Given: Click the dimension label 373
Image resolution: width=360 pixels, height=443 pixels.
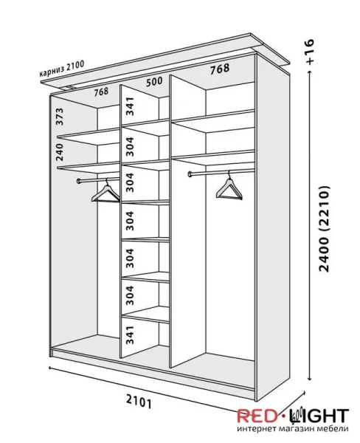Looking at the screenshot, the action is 60,117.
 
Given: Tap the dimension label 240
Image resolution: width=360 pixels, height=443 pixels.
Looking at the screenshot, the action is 60,152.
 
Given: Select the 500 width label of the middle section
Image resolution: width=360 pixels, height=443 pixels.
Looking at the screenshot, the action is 154,82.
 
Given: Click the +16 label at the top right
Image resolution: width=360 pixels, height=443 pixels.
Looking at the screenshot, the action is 310,52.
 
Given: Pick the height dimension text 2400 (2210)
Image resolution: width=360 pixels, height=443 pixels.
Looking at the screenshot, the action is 324,229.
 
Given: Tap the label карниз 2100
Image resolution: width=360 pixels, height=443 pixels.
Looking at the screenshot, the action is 61,69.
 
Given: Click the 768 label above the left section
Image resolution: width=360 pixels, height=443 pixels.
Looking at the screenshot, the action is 101,92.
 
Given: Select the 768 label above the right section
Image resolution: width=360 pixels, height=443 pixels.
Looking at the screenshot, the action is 220,69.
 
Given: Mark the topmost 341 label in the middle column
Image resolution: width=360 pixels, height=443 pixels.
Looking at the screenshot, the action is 129,106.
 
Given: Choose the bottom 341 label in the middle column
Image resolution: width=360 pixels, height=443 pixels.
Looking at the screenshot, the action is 129,335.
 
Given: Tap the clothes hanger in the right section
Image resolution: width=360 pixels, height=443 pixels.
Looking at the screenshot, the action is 229,187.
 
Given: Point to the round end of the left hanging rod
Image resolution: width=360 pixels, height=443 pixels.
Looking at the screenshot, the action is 79,181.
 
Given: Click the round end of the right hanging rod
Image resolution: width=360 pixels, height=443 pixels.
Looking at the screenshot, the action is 190,174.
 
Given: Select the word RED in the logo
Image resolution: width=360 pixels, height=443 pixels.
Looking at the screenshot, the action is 256,416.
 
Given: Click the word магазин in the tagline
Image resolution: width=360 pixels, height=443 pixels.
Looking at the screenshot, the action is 293,429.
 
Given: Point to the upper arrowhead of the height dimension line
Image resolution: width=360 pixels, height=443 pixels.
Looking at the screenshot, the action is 310,72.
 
